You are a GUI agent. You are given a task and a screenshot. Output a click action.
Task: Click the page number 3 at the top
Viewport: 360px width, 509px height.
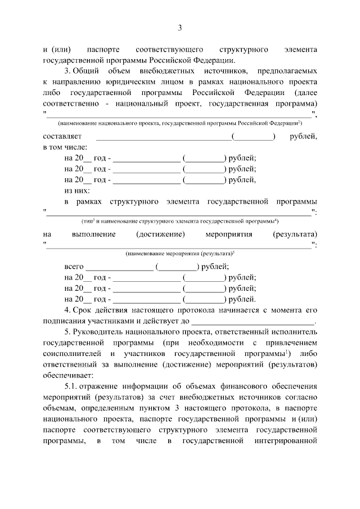[180, 29]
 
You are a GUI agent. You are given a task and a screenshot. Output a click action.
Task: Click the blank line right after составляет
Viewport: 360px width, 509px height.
[164, 138]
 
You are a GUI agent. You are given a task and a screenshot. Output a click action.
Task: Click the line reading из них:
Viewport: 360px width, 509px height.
[78, 191]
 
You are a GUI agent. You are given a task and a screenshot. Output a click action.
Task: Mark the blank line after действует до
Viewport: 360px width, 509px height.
[253, 322]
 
